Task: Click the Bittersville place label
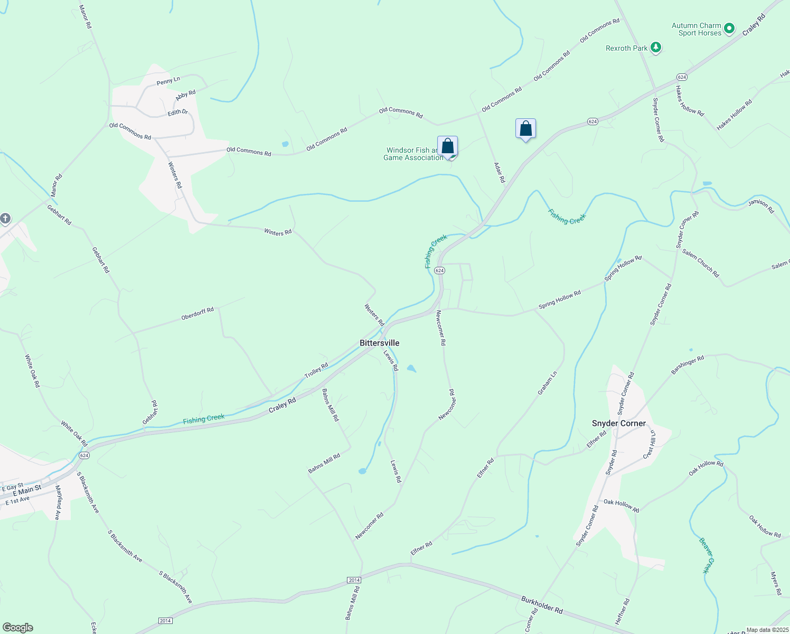(x=379, y=343)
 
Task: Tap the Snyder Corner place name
(x=618, y=423)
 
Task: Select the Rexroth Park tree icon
(x=656, y=48)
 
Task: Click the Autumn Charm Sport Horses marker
(x=729, y=29)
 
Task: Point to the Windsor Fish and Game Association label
(x=413, y=154)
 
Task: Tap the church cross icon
(x=5, y=218)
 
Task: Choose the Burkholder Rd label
(x=542, y=604)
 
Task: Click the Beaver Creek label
(x=707, y=555)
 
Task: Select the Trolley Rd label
(x=316, y=370)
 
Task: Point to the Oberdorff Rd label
(x=197, y=313)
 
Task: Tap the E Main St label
(x=27, y=490)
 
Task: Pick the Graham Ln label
(x=547, y=383)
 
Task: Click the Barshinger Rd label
(x=688, y=365)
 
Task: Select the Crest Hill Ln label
(x=650, y=444)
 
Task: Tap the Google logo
(x=17, y=628)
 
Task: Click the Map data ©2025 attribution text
(x=767, y=630)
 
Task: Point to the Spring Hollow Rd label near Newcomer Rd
(x=560, y=299)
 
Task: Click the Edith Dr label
(x=177, y=113)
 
